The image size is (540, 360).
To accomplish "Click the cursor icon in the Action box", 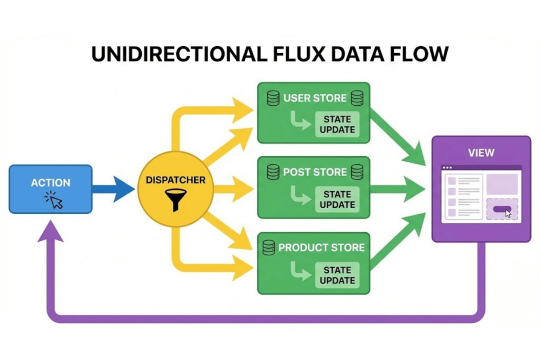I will (x=55, y=200).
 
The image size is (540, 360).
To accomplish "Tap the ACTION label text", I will (x=51, y=183).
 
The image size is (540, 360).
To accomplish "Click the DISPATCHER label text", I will (x=175, y=181).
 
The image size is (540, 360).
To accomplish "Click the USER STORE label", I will (x=315, y=98).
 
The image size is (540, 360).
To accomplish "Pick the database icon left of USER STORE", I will (x=273, y=98).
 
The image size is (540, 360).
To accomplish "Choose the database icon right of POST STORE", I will (x=357, y=172).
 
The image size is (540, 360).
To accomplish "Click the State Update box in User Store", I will (x=337, y=124).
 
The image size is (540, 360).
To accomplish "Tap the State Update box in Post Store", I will (x=337, y=200).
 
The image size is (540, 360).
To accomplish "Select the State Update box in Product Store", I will (x=337, y=275).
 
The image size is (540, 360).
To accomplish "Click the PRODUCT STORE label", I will (x=321, y=247).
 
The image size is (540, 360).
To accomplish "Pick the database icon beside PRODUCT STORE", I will (x=269, y=247).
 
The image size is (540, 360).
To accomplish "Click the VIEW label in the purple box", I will (x=481, y=152).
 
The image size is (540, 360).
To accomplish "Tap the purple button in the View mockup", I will (x=501, y=210).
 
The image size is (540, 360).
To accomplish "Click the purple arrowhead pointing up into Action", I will (x=51, y=232).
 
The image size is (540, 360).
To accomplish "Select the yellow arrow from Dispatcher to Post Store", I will (x=231, y=188).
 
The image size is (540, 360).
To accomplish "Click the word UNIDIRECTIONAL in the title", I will (x=176, y=54).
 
